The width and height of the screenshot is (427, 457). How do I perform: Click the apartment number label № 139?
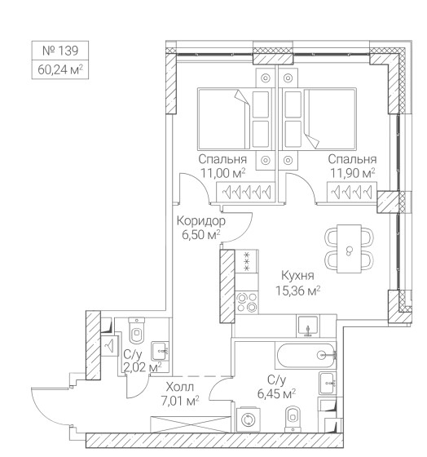(x=60, y=51)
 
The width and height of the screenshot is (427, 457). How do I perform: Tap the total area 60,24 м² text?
(x=60, y=69)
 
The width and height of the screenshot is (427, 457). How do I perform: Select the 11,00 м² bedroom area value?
(x=223, y=173)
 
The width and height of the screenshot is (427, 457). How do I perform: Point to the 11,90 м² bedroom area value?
(x=353, y=173)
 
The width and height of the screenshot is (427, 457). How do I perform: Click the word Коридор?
(x=201, y=221)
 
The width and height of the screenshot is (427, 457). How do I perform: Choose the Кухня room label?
(x=297, y=276)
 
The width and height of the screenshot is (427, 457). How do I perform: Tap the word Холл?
(x=180, y=388)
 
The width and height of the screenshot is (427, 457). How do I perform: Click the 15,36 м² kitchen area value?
(x=297, y=291)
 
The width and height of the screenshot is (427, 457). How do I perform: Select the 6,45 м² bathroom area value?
(x=276, y=393)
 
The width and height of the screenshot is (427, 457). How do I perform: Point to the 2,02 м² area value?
(x=143, y=367)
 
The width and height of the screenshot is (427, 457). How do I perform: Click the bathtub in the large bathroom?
(x=306, y=355)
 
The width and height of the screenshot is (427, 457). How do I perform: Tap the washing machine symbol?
(x=249, y=419)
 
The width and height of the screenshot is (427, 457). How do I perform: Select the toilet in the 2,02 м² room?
(x=137, y=331)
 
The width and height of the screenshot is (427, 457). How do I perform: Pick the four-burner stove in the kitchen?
(x=247, y=302)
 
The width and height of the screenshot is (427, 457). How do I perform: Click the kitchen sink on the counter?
(x=308, y=326)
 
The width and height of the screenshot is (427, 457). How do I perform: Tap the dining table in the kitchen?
(x=349, y=249)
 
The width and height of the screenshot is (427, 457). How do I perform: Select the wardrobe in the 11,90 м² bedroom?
(x=352, y=192)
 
